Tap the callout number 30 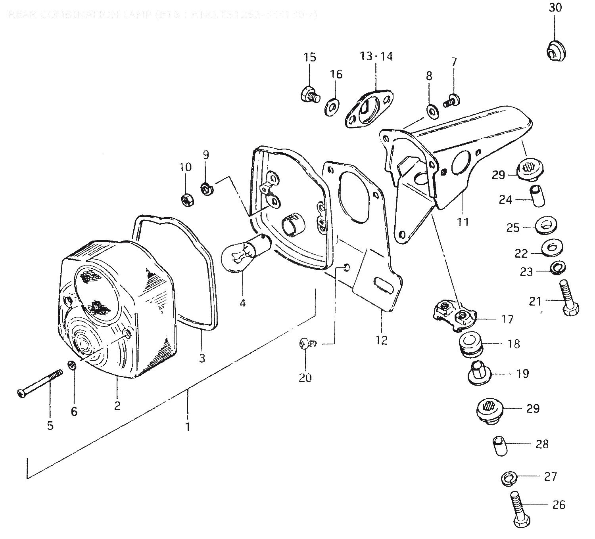tap(555, 8)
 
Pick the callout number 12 tap(382, 340)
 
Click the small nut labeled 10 tap(186, 200)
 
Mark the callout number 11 tap(463, 222)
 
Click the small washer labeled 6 tap(72, 365)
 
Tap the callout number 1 tap(188, 427)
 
